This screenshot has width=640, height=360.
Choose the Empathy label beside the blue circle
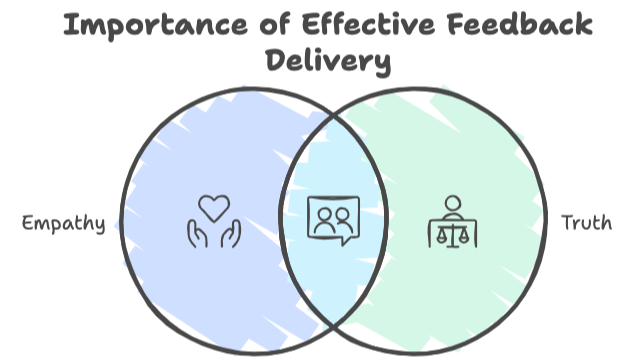[64, 223]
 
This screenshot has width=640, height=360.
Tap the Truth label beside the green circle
[586, 223]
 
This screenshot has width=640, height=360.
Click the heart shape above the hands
[213, 207]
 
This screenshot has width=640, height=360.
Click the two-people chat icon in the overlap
[332, 221]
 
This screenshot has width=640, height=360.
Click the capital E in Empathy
[28, 223]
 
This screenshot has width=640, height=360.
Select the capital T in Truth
[567, 222]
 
